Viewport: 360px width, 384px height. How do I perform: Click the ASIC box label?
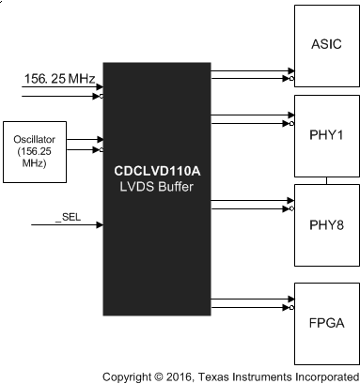326,45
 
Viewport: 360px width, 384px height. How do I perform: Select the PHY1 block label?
326,133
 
